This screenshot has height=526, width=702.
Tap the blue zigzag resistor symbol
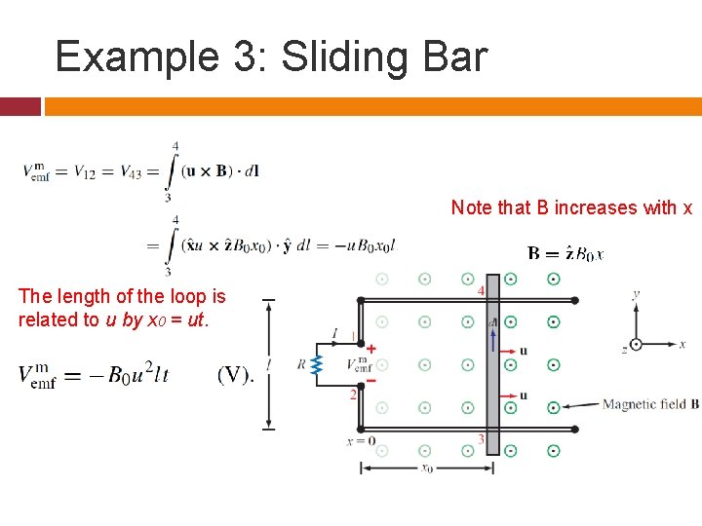click(316, 365)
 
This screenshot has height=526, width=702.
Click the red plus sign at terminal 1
click(370, 349)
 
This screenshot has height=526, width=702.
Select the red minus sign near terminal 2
click(370, 381)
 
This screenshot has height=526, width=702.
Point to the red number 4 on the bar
click(481, 291)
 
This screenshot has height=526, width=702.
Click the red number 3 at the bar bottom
click(481, 440)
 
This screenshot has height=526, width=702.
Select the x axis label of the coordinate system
click(682, 344)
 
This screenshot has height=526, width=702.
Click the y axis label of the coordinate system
click(636, 293)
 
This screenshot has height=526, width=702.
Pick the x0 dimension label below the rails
click(426, 469)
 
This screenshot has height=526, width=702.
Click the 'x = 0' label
click(362, 441)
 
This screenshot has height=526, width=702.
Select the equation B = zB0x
click(565, 254)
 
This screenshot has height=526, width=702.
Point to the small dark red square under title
click(20, 106)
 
